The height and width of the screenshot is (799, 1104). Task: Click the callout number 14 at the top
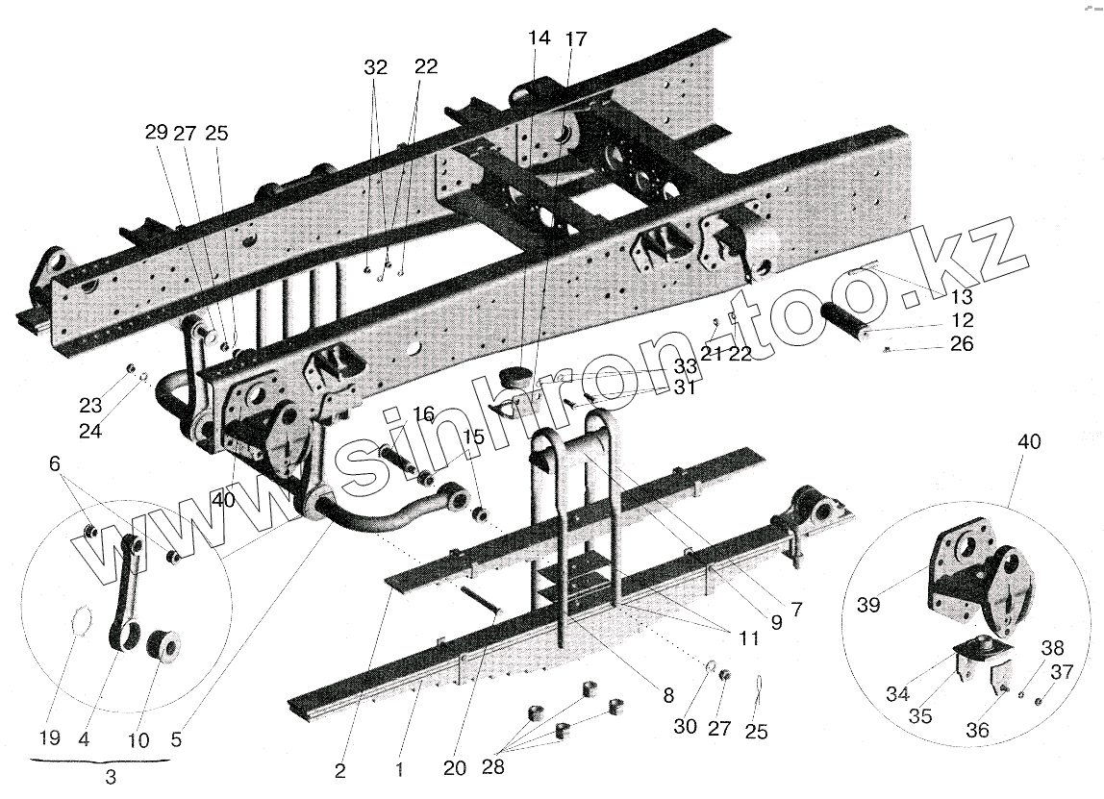[x=539, y=38]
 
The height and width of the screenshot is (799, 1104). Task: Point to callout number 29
[x=156, y=134]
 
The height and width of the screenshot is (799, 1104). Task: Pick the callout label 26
[x=962, y=344]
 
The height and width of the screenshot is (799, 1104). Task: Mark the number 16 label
[x=424, y=414]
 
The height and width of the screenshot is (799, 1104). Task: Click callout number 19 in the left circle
[x=50, y=738]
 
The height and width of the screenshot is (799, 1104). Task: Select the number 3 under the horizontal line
[x=111, y=778]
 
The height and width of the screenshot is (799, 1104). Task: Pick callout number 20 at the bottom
[x=455, y=767]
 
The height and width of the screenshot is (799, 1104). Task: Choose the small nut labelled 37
[x=1041, y=699]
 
